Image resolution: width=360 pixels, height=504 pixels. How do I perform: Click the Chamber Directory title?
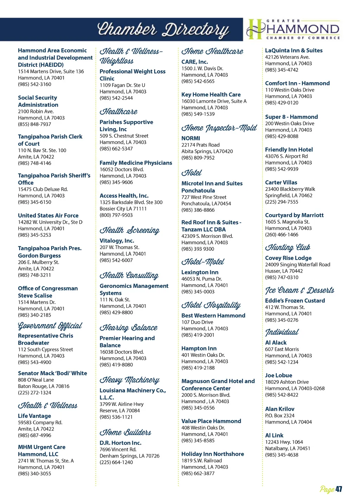coord(162,30)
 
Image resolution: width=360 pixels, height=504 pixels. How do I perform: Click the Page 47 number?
coord(331,489)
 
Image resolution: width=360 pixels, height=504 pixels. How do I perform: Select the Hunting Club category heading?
coord(288,247)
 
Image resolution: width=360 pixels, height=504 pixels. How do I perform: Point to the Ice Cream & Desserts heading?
coord(299,290)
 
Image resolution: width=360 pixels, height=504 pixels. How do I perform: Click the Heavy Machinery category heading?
coord(129,380)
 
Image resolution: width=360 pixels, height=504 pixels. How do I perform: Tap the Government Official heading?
coord(50,326)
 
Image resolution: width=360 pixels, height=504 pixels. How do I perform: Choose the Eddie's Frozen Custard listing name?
coord(295,301)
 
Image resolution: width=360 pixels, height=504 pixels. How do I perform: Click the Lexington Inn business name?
coord(200,272)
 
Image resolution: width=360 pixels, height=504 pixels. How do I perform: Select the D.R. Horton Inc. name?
coord(120,443)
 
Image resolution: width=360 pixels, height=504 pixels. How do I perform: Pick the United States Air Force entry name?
coord(48,215)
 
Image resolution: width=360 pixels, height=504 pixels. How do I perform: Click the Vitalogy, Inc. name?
coord(117,241)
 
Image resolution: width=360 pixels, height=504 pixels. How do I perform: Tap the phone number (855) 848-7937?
coord(34,124)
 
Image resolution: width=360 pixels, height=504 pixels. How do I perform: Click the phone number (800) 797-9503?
coord(116,215)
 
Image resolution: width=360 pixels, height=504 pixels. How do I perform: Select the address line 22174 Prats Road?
coord(200,145)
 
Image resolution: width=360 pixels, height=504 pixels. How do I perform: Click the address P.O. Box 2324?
coord(279,415)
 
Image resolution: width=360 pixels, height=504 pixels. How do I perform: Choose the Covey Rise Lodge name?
coord(288,258)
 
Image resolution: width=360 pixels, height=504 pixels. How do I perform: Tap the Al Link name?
coord(274,435)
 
